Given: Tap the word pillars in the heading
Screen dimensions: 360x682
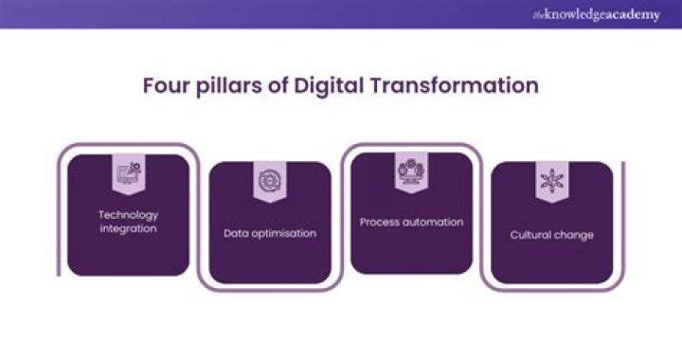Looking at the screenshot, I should (227, 85).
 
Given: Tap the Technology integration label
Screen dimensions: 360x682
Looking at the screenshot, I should (128, 222).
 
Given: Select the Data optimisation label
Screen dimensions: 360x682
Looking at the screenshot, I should (270, 232).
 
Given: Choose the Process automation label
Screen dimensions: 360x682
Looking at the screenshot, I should (411, 223).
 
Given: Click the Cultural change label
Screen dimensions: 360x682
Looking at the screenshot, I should (551, 234).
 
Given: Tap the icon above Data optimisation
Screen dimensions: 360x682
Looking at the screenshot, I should (270, 177).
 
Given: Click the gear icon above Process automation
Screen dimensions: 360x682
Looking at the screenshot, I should (411, 170).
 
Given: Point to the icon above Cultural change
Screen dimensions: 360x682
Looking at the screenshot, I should (551, 179).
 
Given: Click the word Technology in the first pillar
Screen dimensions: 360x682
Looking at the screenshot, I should (128, 215).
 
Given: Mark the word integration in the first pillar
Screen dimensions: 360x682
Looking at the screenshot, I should (128, 228).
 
